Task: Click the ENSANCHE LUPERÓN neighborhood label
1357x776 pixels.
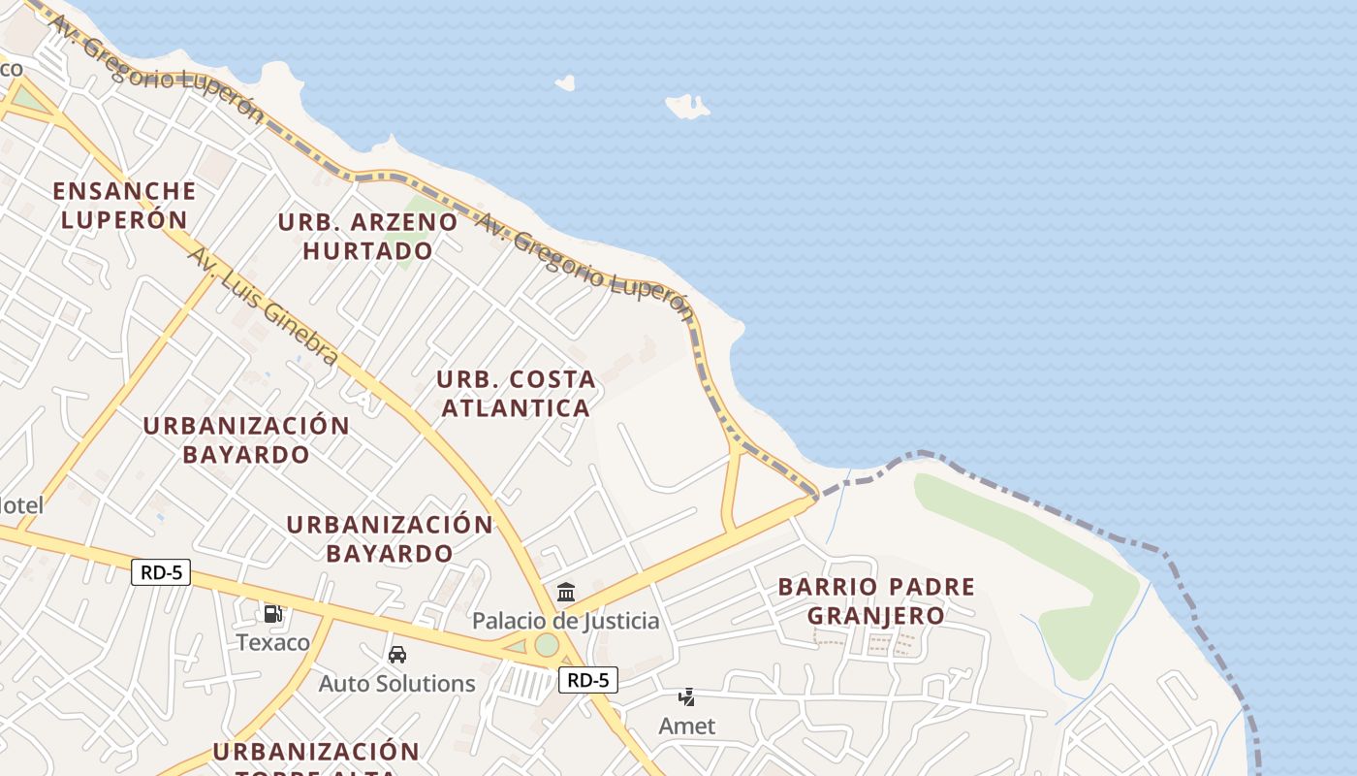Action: click(x=124, y=205)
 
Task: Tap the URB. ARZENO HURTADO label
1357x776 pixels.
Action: click(x=367, y=236)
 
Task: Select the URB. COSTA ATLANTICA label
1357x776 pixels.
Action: click(x=516, y=393)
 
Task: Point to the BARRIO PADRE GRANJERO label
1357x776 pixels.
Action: click(x=876, y=600)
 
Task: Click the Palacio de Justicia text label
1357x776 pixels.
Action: click(x=565, y=621)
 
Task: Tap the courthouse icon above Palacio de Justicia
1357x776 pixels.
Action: click(x=565, y=592)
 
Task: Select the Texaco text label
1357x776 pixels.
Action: click(x=273, y=642)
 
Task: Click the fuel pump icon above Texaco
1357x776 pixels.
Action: click(x=273, y=613)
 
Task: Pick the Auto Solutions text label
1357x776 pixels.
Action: click(x=397, y=684)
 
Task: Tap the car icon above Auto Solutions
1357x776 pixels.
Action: click(x=397, y=655)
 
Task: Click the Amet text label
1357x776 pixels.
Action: click(x=687, y=726)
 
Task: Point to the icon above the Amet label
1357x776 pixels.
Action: click(x=687, y=696)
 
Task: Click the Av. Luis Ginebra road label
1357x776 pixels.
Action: click(x=263, y=307)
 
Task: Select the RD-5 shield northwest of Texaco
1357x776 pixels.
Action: click(x=161, y=572)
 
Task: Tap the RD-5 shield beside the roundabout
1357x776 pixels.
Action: click(x=587, y=680)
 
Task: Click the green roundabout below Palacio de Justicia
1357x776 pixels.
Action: click(x=547, y=645)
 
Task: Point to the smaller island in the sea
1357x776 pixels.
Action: click(x=565, y=83)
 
